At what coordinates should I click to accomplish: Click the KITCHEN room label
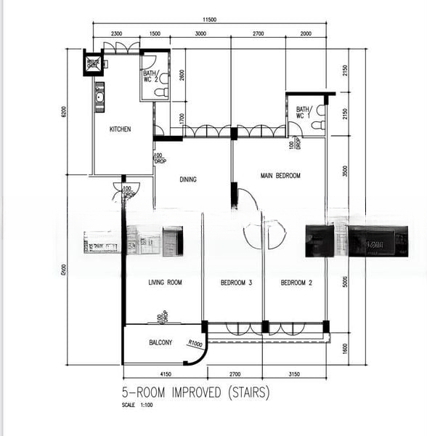coord(120,129)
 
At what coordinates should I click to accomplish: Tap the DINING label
coord(188,179)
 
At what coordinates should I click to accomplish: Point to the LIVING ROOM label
coord(165,283)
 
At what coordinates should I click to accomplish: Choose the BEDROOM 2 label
coord(296,283)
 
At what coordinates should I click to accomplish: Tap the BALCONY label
coord(160,342)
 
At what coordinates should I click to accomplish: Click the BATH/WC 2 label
coord(150,76)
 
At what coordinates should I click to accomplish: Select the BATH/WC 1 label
coord(302,113)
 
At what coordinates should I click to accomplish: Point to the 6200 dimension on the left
coord(64,112)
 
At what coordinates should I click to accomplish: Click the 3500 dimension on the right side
coord(345,170)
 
